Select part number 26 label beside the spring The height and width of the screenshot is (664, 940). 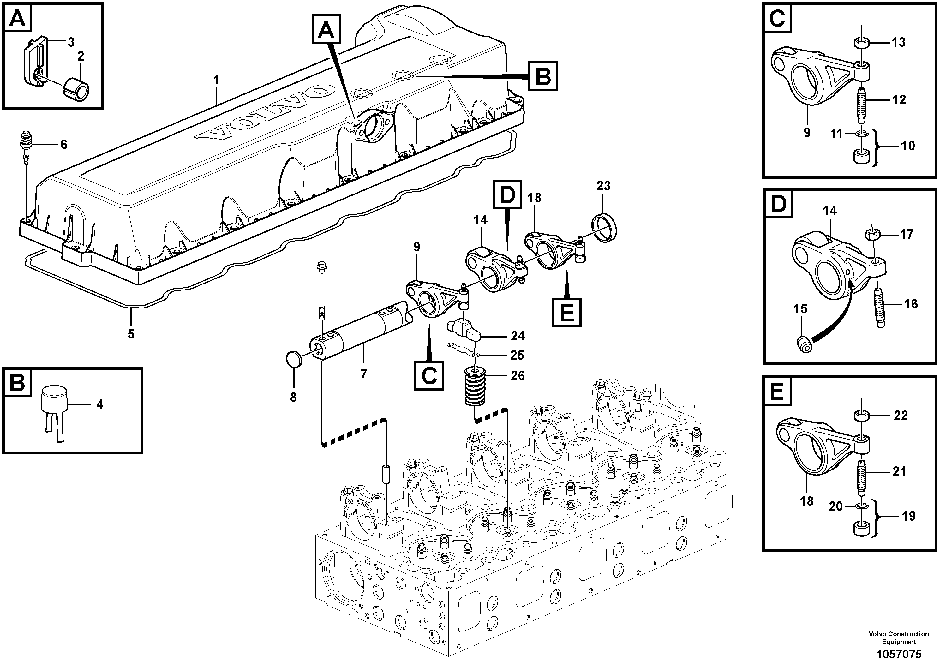click(x=518, y=376)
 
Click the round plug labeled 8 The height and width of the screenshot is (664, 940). click(x=294, y=359)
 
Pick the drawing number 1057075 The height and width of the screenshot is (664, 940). click(x=899, y=654)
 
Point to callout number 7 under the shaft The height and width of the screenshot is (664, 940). click(x=363, y=373)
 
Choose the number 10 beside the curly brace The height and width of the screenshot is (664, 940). click(x=908, y=146)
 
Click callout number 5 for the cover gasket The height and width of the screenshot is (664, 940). click(x=131, y=334)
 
